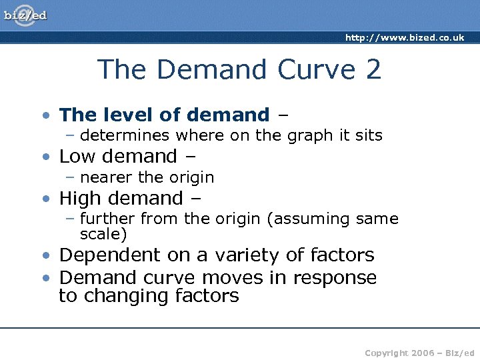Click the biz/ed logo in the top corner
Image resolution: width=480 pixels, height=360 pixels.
26,15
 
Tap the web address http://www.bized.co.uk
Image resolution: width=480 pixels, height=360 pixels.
405,38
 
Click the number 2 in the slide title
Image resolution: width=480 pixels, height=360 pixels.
373,69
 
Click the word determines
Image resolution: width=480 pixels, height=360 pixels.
125,135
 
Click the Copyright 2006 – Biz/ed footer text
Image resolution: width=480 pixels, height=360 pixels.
419,353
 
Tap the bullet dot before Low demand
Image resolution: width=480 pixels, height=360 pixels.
45,157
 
